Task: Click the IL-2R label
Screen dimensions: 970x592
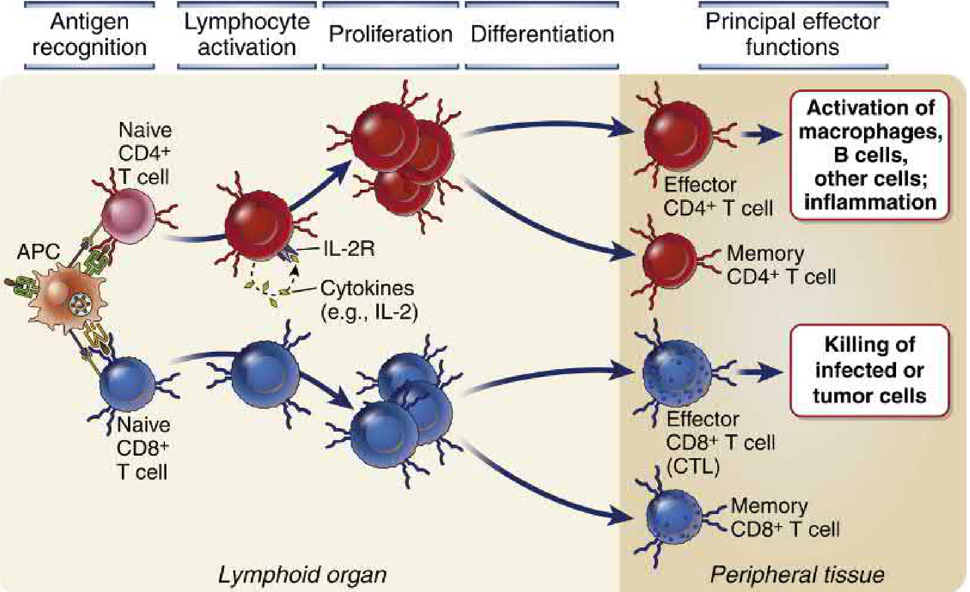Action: coord(349,248)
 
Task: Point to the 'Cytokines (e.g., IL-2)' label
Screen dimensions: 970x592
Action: coord(368,300)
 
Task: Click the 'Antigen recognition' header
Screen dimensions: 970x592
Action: coord(89,34)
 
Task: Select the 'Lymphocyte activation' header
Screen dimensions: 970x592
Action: coord(247,34)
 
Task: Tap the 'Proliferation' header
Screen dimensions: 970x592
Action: coord(390,34)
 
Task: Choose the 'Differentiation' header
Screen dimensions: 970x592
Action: coord(542,34)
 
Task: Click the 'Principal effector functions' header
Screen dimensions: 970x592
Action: coord(793,34)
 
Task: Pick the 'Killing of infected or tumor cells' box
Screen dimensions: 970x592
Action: coord(870,370)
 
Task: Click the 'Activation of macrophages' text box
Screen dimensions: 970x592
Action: coord(870,155)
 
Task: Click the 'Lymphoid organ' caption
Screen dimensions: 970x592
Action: coord(302,575)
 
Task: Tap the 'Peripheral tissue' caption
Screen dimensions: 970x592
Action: coord(797,575)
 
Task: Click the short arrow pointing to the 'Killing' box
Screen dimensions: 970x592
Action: coord(761,372)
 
